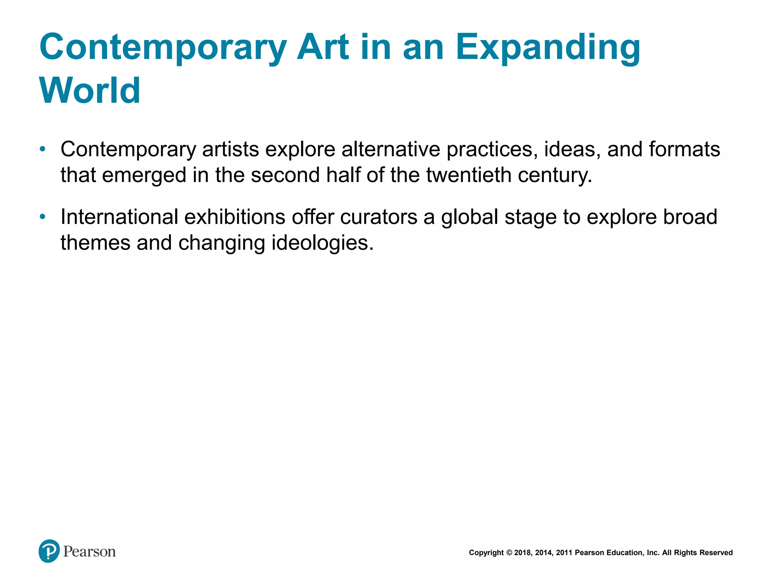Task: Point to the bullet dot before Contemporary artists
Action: [x=43, y=149]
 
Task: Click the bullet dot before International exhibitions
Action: [x=43, y=217]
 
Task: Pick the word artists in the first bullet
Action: [x=230, y=150]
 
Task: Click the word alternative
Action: [x=391, y=150]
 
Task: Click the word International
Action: [x=119, y=217]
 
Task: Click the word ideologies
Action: [x=322, y=243]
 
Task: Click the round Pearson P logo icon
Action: [x=49, y=551]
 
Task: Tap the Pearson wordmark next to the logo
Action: [x=89, y=552]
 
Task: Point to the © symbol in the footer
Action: [x=509, y=553]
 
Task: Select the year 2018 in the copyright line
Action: [x=522, y=553]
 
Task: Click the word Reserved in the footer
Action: [x=716, y=553]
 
